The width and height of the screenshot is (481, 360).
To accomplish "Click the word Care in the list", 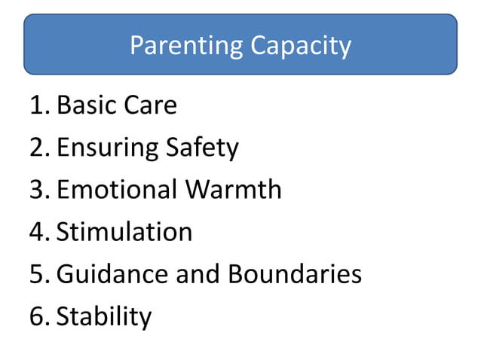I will pyautogui.click(x=150, y=105).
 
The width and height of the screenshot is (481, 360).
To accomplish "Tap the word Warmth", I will pyautogui.click(x=234, y=189).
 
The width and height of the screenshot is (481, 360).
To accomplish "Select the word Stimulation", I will pyautogui.click(x=124, y=231).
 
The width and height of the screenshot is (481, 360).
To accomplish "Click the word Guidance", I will pyautogui.click(x=112, y=273).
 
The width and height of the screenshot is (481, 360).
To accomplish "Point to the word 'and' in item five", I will pyautogui.click(x=195, y=273).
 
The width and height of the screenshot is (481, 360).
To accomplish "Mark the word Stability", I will pyautogui.click(x=104, y=316).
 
